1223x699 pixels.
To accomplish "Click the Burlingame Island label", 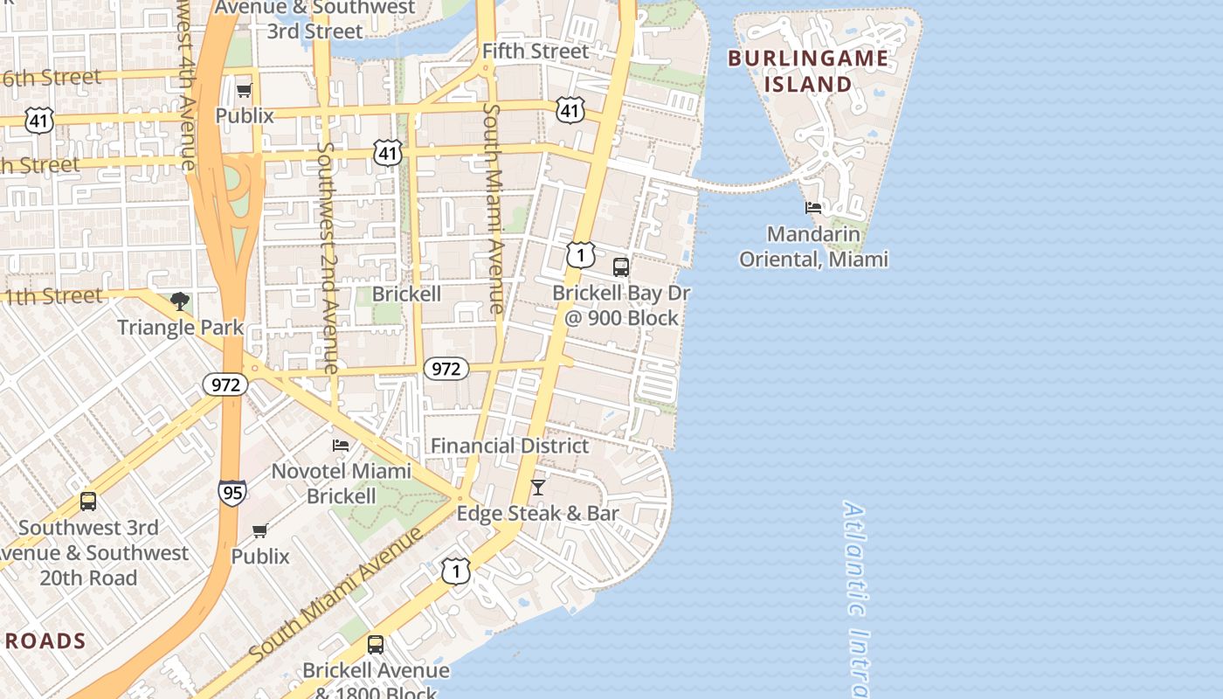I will coord(807,72).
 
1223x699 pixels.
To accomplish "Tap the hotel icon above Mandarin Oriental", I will coord(813,208).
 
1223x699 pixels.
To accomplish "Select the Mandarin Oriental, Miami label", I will coord(813,246).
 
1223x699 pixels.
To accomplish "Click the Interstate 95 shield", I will coord(231,493).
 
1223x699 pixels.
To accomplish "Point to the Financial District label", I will coord(509,446).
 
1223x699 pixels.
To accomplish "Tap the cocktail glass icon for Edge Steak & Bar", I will coord(538,488).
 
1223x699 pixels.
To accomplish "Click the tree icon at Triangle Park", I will coord(180,302).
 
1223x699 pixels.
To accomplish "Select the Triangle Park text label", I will coord(180,328).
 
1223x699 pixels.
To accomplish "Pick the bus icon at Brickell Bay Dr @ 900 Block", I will coord(620,267).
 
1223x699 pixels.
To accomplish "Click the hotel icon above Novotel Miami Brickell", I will coord(341,446).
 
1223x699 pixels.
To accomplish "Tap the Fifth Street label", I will coord(535,51).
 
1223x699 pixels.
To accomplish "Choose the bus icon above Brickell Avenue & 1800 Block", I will coord(375,645).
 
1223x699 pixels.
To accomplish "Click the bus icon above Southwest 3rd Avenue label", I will coord(88,502).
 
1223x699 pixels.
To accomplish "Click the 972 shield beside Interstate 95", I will coord(225,384).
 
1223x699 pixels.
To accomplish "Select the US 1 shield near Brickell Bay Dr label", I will coord(580,255).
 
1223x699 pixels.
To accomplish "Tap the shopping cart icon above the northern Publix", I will coord(245,90).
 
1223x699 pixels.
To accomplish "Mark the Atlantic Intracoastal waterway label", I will coord(856,599).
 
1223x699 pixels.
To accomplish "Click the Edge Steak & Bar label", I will coord(537,513).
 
